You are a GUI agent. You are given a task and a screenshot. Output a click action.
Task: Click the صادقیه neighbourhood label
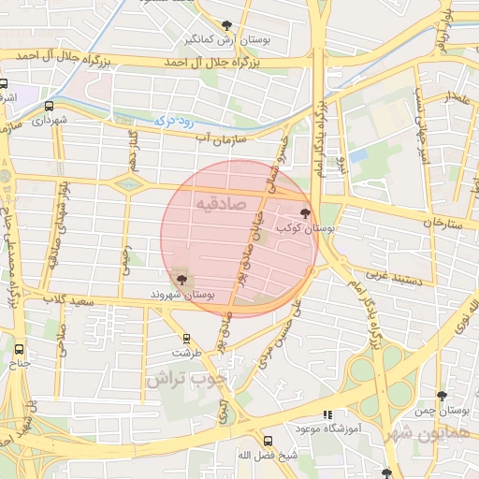pos(222,202)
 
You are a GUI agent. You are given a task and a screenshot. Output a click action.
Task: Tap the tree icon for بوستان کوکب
pos(306,214)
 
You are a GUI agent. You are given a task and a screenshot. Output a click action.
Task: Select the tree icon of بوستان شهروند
pos(180,279)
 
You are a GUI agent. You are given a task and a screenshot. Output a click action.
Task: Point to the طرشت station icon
pos(186,339)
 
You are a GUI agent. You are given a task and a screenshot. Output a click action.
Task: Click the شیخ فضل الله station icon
pos(269,442)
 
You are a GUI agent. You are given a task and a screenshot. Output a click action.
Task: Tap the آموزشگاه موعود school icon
pos(327,414)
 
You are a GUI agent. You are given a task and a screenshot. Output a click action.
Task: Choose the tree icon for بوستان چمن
pos(442,397)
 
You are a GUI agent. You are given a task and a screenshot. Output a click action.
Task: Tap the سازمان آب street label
pos(220,138)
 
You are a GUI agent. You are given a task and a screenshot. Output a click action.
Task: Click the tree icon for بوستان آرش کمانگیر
pos(227,25)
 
